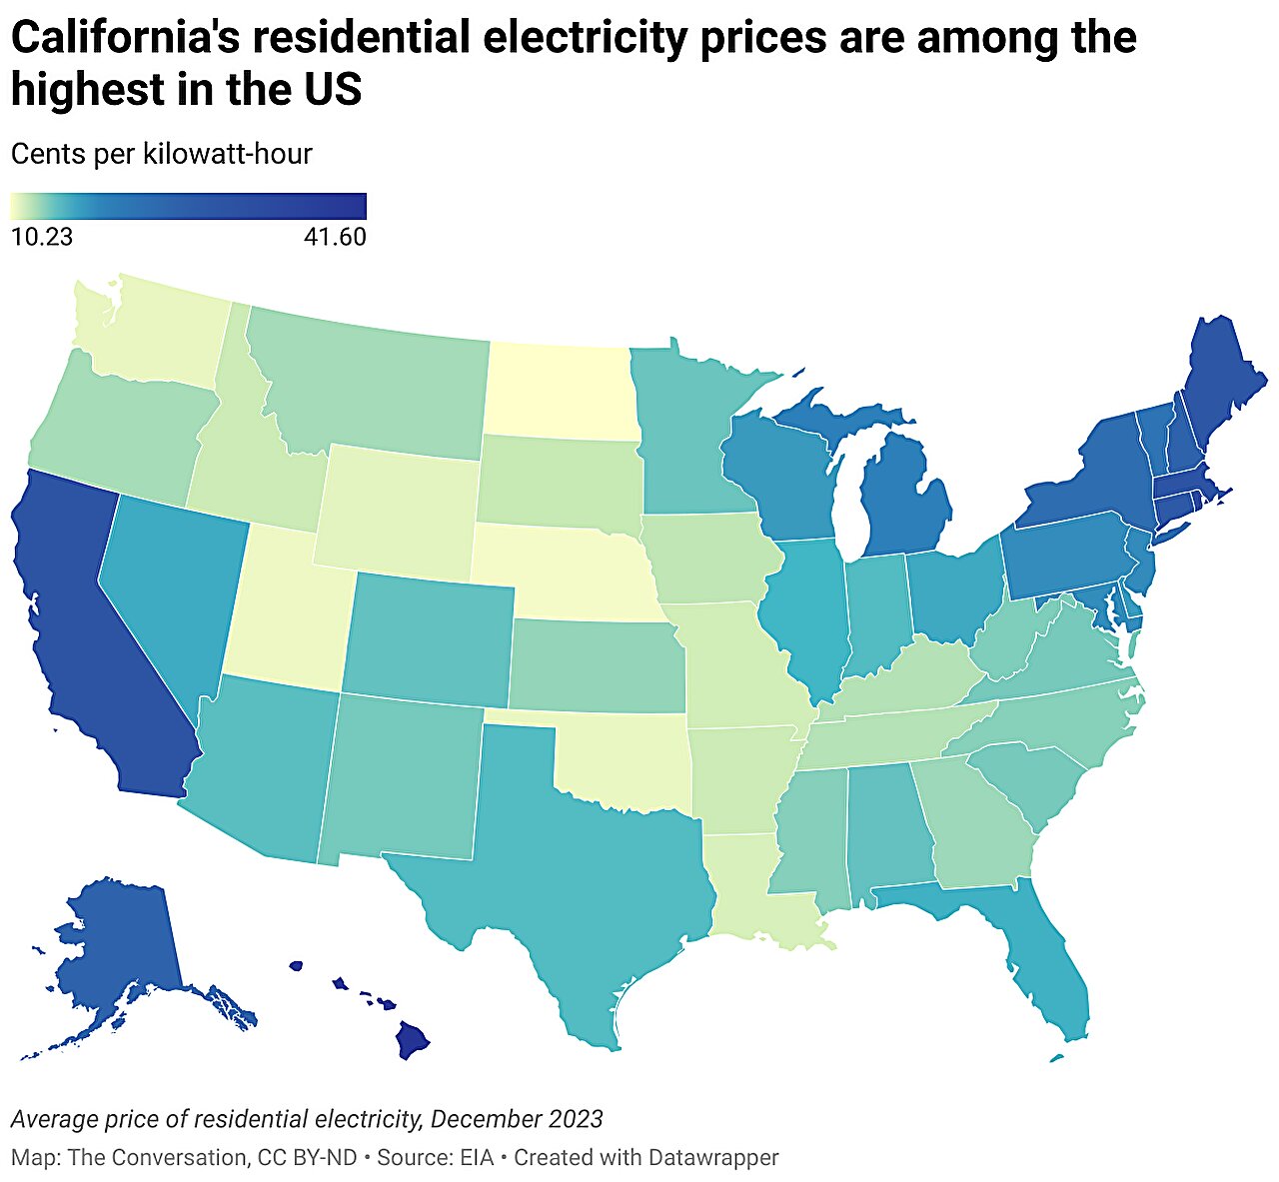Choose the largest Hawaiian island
412,1040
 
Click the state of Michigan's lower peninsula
909,500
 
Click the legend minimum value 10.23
41,237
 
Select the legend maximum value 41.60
334,237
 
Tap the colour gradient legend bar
188,206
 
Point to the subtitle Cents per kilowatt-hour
161,154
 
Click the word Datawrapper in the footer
713,1157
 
